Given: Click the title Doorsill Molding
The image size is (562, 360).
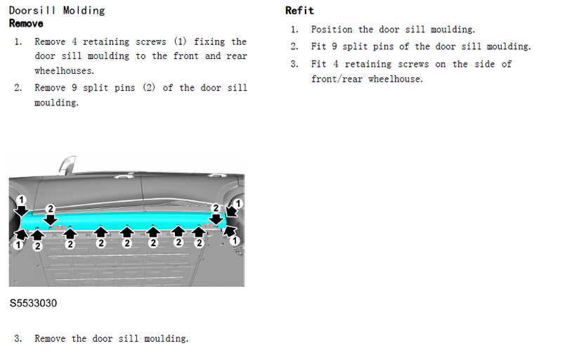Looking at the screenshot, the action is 57,11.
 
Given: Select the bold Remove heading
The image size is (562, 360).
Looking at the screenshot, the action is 26,24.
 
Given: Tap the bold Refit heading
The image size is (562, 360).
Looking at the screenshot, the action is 299,11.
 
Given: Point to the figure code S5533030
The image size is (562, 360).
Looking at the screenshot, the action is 33,303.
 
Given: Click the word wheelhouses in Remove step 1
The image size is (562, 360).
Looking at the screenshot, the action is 64,70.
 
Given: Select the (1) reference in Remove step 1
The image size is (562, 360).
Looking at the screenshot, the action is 181,41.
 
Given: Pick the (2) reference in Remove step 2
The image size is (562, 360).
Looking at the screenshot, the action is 149,87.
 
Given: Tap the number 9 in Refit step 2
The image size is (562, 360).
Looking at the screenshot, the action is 334,46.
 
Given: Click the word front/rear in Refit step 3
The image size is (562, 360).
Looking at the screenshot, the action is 336,79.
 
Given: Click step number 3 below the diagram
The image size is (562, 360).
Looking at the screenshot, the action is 18,338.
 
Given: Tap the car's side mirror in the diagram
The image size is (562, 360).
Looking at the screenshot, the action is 67,165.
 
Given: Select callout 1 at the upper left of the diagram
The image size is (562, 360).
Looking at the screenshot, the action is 21,200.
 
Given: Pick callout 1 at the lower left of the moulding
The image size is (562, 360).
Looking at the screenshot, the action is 18,245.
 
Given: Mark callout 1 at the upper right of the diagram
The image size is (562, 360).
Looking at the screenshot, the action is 237,203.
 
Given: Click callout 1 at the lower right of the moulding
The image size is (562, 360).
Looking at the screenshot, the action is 235,240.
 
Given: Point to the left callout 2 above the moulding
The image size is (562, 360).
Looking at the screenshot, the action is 51,209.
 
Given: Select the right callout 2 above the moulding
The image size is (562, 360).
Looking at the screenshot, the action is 216,208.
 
